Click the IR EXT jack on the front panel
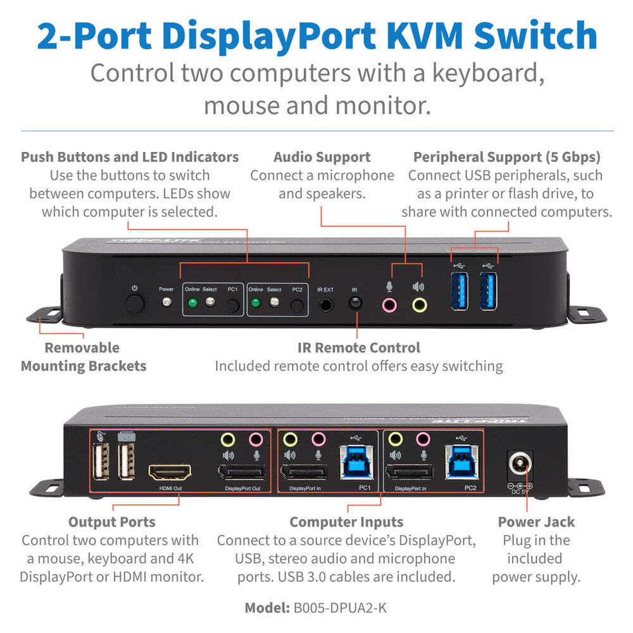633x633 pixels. pos(326,304)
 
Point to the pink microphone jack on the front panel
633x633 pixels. pos(390,305)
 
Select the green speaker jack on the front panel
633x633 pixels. pos(419,305)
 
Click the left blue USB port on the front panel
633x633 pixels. pos(460,291)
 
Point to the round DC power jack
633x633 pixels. pos(519,469)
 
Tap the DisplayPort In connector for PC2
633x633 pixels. pos(410,473)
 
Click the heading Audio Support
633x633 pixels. pos(322,157)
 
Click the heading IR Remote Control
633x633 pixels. pos(358,348)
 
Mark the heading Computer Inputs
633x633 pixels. pos(346,522)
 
